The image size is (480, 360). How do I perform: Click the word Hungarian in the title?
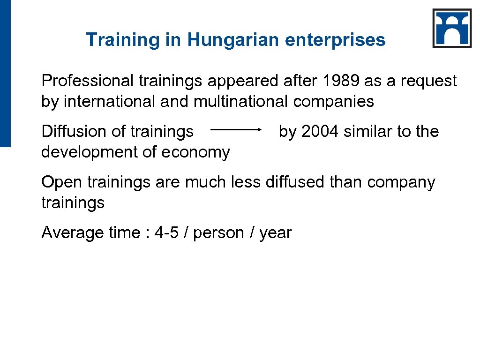pyautogui.click(x=234, y=40)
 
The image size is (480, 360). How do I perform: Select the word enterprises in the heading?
pyautogui.click(x=335, y=40)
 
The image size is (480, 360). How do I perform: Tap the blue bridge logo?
pyautogui.click(x=452, y=28)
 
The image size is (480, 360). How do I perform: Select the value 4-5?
pyautogui.click(x=167, y=233)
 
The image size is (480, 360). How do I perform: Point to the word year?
pyautogui.click(x=276, y=233)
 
